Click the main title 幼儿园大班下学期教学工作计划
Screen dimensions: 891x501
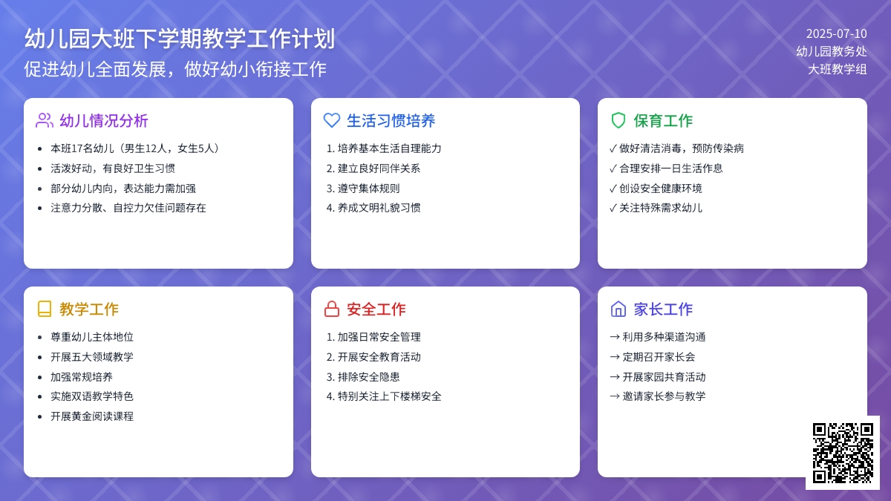pyautogui.click(x=180, y=39)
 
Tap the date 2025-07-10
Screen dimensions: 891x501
pyautogui.click(x=837, y=34)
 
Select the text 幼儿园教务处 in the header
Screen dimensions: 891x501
pyautogui.click(x=832, y=51)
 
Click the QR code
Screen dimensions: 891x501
pyautogui.click(x=843, y=453)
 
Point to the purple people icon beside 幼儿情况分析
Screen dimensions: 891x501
pyautogui.click(x=45, y=120)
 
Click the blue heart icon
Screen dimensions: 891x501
pyautogui.click(x=332, y=120)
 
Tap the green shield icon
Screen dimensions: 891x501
pyautogui.click(x=619, y=120)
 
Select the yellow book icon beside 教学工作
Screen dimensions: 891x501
pyautogui.click(x=45, y=309)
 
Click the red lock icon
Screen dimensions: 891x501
pyautogui.click(x=332, y=309)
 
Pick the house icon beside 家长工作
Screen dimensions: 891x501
pyautogui.click(x=619, y=309)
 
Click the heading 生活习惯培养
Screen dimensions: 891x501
pyautogui.click(x=391, y=121)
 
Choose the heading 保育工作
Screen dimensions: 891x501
pyautogui.click(x=663, y=121)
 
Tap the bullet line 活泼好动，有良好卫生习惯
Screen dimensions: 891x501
pyautogui.click(x=113, y=168)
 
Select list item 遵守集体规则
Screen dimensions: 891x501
pyautogui.click(x=368, y=189)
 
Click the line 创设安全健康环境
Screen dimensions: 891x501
pyautogui.click(x=660, y=189)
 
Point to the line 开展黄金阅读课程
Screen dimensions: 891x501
pyautogui.click(x=92, y=416)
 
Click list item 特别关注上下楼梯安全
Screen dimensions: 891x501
pyautogui.click(x=389, y=396)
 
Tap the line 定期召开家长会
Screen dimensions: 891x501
pyautogui.click(x=659, y=357)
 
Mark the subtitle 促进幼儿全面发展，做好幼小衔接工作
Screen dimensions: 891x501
pyautogui.click(x=175, y=69)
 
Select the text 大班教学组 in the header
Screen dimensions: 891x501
pyautogui.click(x=838, y=69)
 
